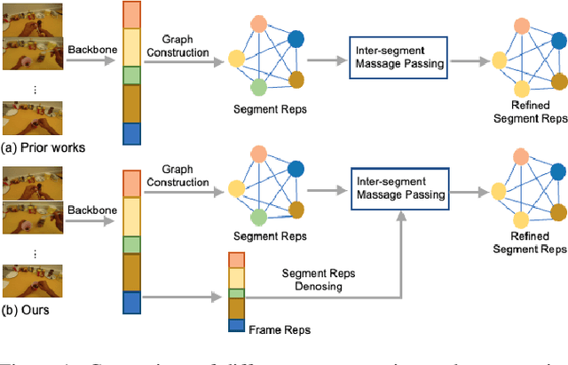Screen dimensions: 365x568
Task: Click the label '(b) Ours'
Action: click(x=28, y=311)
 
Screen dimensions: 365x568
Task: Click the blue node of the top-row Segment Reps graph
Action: click(x=296, y=38)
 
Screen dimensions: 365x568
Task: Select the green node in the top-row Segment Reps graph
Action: click(x=258, y=87)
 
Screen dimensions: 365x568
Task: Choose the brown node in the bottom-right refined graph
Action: click(x=556, y=212)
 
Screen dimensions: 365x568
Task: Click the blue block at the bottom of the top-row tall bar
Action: click(x=130, y=134)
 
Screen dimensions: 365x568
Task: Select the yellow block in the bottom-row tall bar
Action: click(x=130, y=216)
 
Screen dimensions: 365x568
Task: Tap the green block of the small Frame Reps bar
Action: click(x=236, y=293)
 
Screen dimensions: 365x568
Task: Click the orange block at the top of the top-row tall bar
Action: click(x=130, y=15)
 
